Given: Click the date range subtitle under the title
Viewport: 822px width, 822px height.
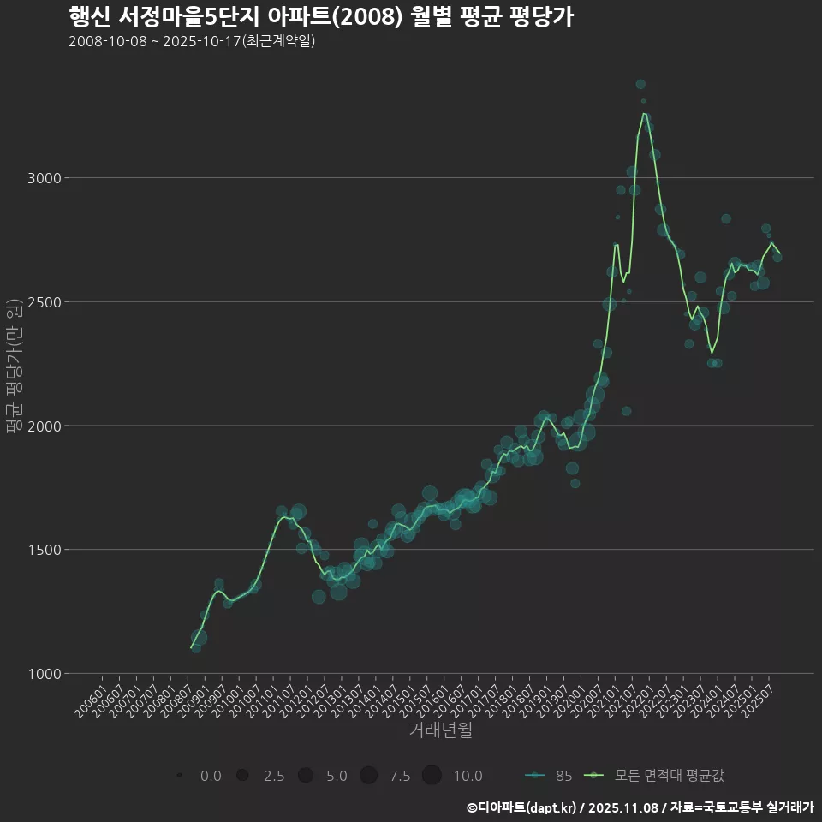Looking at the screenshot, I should tap(192, 41).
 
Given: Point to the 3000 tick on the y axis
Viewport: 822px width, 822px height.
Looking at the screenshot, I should tap(44, 178).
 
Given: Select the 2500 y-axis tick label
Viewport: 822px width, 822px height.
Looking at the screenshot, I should tap(44, 302).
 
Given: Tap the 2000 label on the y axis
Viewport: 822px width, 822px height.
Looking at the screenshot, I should tap(44, 426).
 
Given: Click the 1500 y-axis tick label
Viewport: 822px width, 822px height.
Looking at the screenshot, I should tap(44, 550).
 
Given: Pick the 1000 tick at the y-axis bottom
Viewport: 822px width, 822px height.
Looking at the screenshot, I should tap(44, 674).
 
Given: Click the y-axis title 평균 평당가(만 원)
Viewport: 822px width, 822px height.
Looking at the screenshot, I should tap(13, 366).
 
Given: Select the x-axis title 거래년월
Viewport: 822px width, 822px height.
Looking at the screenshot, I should tap(440, 730).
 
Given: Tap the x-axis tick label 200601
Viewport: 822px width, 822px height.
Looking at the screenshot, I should tap(92, 694).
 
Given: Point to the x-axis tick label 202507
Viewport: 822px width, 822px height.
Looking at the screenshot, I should tap(760, 694).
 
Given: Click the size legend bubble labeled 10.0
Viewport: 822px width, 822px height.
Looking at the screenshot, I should tap(432, 776).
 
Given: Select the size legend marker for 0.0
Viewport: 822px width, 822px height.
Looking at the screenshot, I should tap(179, 776).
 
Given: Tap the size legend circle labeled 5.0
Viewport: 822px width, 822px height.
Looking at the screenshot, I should tap(305, 776).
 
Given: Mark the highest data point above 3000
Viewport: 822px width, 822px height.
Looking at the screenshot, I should tap(640, 84).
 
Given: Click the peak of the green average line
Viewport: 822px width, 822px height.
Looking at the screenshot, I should tap(644, 113).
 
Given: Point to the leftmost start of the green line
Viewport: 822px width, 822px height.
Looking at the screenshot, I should tap(191, 648).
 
